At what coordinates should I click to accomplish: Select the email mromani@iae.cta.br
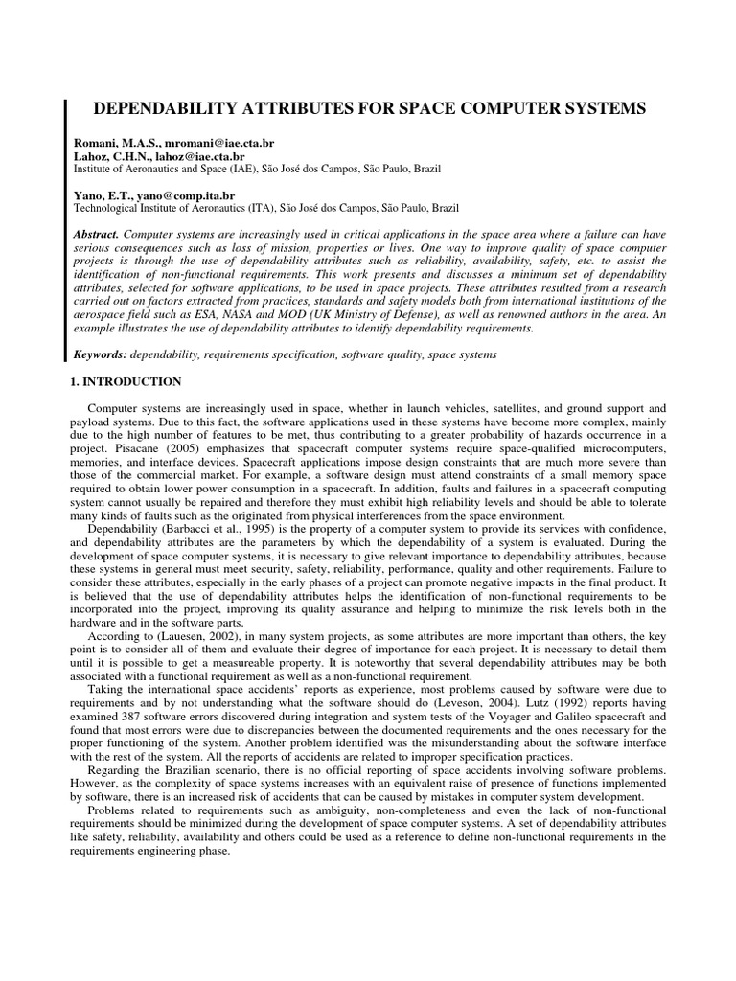pos(209,142)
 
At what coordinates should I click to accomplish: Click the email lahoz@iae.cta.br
pos(198,155)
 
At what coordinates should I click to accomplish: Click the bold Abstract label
pos(98,235)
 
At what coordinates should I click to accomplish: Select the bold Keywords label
pos(101,354)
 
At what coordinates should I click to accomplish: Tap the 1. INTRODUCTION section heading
pos(127,382)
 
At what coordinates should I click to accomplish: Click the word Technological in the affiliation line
pos(108,208)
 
